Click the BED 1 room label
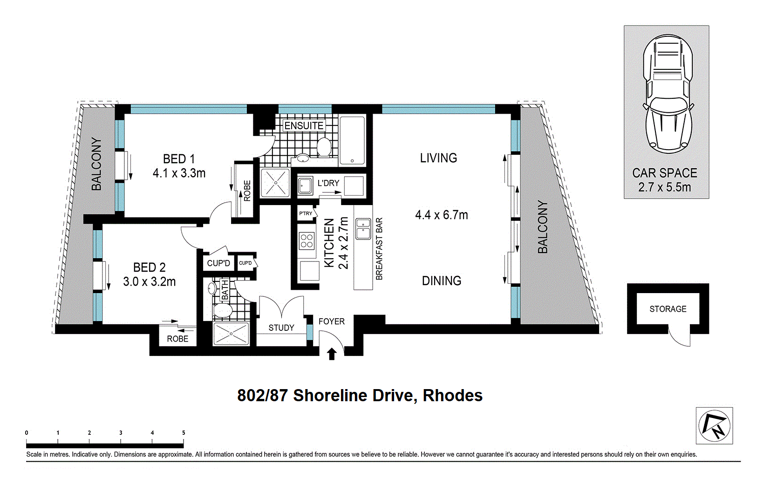179,159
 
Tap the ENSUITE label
304,126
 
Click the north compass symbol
714,425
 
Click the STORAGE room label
668,309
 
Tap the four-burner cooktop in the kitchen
307,241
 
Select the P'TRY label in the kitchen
306,213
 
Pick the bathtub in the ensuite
352,140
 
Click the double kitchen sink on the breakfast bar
363,229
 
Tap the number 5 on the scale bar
184,432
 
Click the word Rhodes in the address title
452,396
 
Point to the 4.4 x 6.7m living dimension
441,215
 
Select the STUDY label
281,328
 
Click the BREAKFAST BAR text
379,249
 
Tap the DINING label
441,281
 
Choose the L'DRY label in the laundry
328,183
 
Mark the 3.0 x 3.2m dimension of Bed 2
149,281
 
